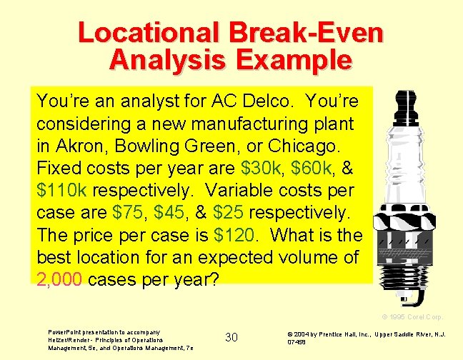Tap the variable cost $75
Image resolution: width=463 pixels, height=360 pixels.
(x=129, y=214)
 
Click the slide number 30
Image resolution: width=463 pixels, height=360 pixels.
(x=231, y=336)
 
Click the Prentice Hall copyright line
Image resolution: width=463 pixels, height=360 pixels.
(x=366, y=337)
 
